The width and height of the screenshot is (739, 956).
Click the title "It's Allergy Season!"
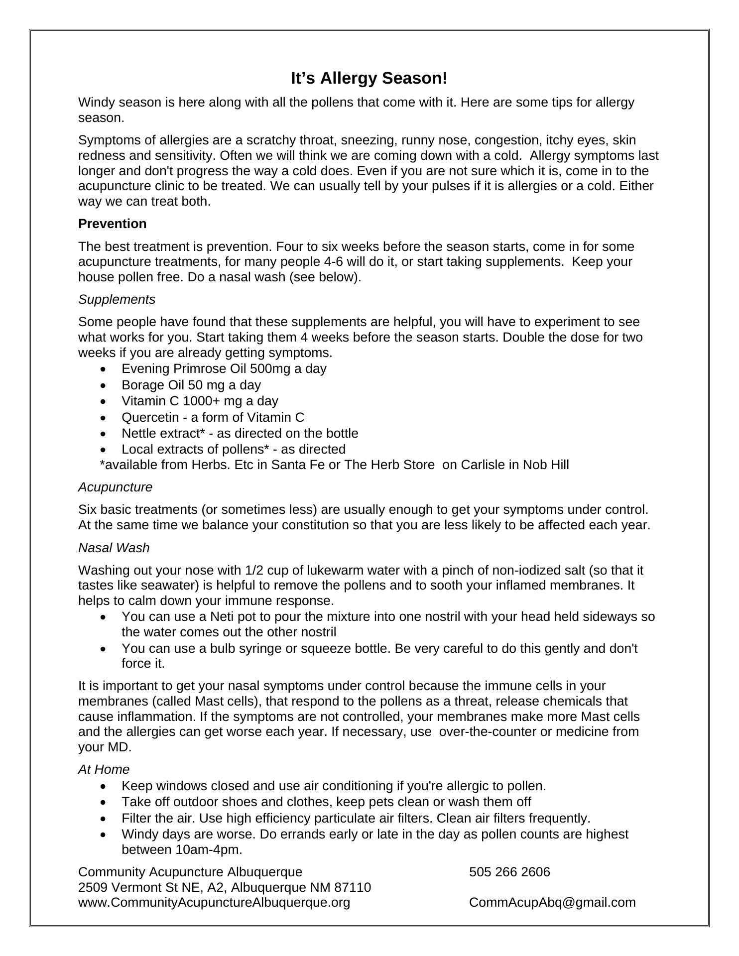coord(369,78)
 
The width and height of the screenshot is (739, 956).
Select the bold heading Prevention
coord(112,224)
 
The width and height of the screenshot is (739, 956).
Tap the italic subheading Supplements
coord(117,299)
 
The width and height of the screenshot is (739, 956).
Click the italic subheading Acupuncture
coord(115,487)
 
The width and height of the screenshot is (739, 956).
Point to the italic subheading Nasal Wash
coord(114,548)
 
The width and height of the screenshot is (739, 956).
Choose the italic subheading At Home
coord(104,769)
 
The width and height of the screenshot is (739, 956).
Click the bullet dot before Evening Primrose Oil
coord(103,369)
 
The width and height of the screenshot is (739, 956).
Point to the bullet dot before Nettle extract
coord(103,434)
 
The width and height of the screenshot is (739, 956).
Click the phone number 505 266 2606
coord(509,872)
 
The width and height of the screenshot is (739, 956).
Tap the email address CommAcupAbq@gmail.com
coord(552,902)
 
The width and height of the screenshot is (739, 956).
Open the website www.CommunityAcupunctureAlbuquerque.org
coord(214,902)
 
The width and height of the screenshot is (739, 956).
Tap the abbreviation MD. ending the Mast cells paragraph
coord(120,747)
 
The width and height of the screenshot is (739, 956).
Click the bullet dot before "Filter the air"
coord(103,819)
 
